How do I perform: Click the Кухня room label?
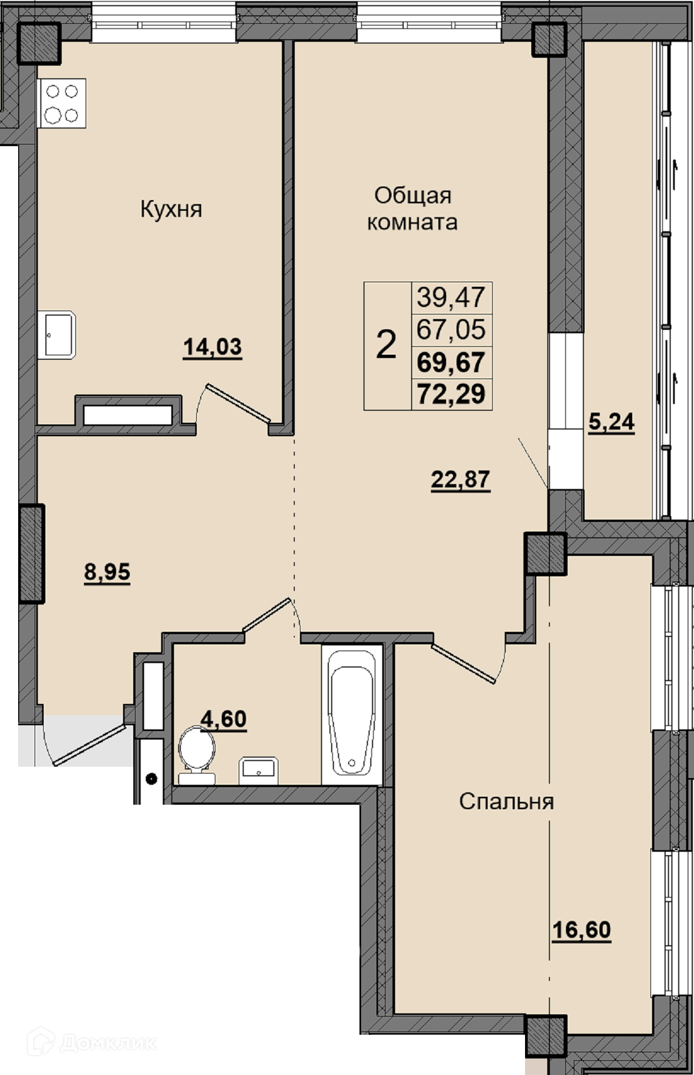(x=171, y=209)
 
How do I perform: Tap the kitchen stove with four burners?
(x=62, y=103)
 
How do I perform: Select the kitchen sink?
(x=57, y=335)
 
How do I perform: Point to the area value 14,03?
(x=213, y=347)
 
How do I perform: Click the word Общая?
(x=413, y=196)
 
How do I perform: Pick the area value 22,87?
(x=461, y=480)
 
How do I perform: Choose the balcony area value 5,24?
(x=611, y=422)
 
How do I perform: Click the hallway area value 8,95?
(x=107, y=572)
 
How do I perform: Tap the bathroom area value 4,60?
(x=223, y=719)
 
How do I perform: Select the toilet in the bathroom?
(x=196, y=755)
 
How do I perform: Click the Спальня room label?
(x=506, y=802)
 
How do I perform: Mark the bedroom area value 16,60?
(x=582, y=930)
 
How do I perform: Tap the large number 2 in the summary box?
(x=386, y=345)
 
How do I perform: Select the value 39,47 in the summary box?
(x=451, y=297)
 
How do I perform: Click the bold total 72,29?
(x=451, y=393)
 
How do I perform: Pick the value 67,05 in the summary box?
(x=451, y=329)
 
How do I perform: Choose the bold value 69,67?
(x=451, y=362)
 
